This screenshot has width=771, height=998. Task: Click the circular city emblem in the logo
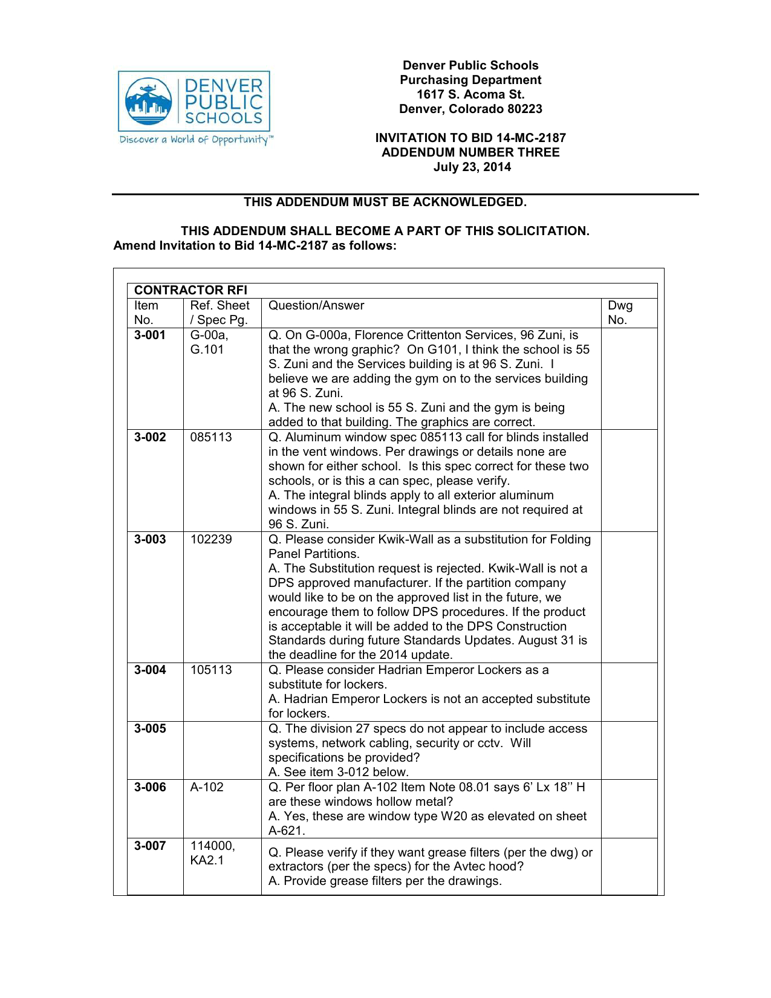[148, 101]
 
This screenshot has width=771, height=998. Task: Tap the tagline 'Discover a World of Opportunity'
[195, 140]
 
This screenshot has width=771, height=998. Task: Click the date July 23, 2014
[472, 167]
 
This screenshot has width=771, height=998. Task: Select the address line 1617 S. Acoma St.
[470, 94]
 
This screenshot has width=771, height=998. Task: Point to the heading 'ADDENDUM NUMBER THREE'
[470, 152]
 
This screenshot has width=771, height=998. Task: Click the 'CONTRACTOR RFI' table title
[190, 290]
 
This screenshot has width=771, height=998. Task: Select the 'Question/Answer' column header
[316, 305]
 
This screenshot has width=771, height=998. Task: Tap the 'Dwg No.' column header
[620, 313]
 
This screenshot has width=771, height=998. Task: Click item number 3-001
[150, 335]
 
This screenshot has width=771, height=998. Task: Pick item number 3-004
[150, 670]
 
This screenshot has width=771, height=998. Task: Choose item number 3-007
[150, 846]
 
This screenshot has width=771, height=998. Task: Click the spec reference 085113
[211, 437]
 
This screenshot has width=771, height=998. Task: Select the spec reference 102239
[211, 539]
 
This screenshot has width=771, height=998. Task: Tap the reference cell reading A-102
[207, 787]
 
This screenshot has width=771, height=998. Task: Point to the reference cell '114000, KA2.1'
[212, 853]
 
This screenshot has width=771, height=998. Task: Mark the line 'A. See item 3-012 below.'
[339, 772]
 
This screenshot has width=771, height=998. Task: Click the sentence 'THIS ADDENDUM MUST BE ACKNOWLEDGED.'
[385, 202]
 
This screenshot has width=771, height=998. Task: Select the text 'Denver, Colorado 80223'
[470, 109]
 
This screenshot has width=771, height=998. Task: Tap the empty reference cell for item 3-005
[222, 750]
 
